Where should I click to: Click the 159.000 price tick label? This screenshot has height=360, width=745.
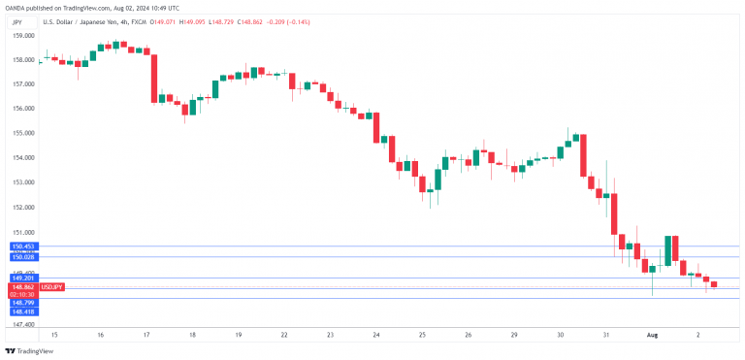pos(24,34)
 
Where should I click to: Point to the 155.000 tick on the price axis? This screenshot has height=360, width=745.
pos(24,133)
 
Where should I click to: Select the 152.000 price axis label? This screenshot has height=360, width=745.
pos(24,208)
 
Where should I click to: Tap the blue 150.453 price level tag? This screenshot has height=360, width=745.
pos(23,246)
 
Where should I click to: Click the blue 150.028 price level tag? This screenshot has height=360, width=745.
pos(23,256)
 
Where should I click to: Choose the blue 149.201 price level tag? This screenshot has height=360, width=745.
pos(23,278)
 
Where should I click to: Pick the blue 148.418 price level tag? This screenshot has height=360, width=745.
pos(23,311)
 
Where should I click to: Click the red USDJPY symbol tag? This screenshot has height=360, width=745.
pos(52,287)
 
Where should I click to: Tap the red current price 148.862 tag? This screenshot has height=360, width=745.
pos(23,287)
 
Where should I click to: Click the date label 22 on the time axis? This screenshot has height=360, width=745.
pos(283,334)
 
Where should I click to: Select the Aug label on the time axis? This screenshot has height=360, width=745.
pos(653,334)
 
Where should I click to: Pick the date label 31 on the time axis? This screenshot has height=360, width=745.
pos(605,334)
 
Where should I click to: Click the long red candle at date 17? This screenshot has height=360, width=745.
pos(153,76)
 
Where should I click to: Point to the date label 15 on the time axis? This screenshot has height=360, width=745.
pos(54,334)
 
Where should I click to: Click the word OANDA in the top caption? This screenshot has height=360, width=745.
pos(13,6)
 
